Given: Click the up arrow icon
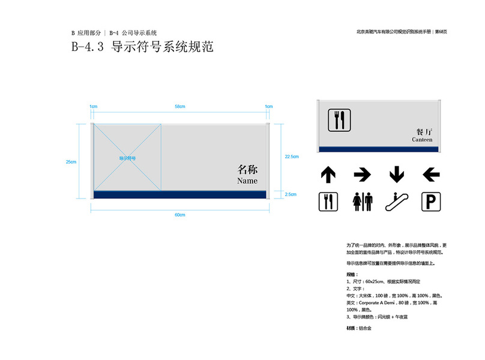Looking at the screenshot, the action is tap(328, 175).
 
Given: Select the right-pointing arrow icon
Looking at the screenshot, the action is tap(362, 175).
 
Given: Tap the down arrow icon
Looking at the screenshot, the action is tap(396, 175).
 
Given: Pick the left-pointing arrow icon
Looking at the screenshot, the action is tap(430, 175).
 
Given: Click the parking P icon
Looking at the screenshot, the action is tap(430, 201).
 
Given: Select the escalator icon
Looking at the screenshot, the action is tap(396, 201).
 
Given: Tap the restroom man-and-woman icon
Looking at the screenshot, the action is tap(362, 201).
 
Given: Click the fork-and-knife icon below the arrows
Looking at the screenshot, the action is tap(328, 201).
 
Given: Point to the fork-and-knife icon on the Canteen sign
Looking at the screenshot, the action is tap(337, 120).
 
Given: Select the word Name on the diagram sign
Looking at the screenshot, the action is tap(247, 181).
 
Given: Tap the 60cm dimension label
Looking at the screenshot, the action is tap(180, 215).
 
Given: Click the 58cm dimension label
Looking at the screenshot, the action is tap(180, 106).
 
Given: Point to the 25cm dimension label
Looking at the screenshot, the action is tap(71, 161).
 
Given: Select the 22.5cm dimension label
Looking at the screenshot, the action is tap(292, 157).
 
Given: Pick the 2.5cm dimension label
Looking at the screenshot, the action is tap(291, 194).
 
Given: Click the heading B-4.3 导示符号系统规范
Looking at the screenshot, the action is tap(142, 47).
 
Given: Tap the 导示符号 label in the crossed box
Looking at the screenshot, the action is tap(127, 158).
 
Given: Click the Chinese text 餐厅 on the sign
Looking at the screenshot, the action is tap(424, 131).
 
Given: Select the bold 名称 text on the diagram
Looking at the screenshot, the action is tap(247, 169).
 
